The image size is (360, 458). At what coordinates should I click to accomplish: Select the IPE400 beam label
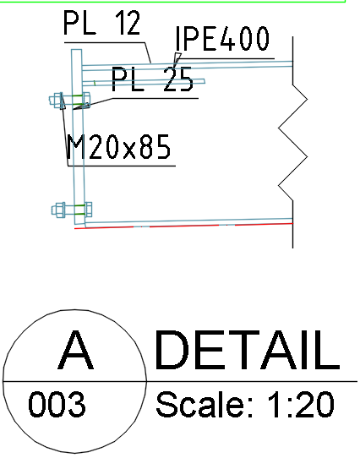point(221,40)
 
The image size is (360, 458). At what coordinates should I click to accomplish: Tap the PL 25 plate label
point(151,81)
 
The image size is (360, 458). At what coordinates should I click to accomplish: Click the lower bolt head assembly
point(61,209)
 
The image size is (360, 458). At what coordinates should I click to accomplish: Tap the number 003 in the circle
point(57,406)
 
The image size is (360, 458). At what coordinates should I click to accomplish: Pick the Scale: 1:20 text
point(244,405)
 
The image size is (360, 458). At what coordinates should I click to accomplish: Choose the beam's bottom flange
point(186,221)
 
